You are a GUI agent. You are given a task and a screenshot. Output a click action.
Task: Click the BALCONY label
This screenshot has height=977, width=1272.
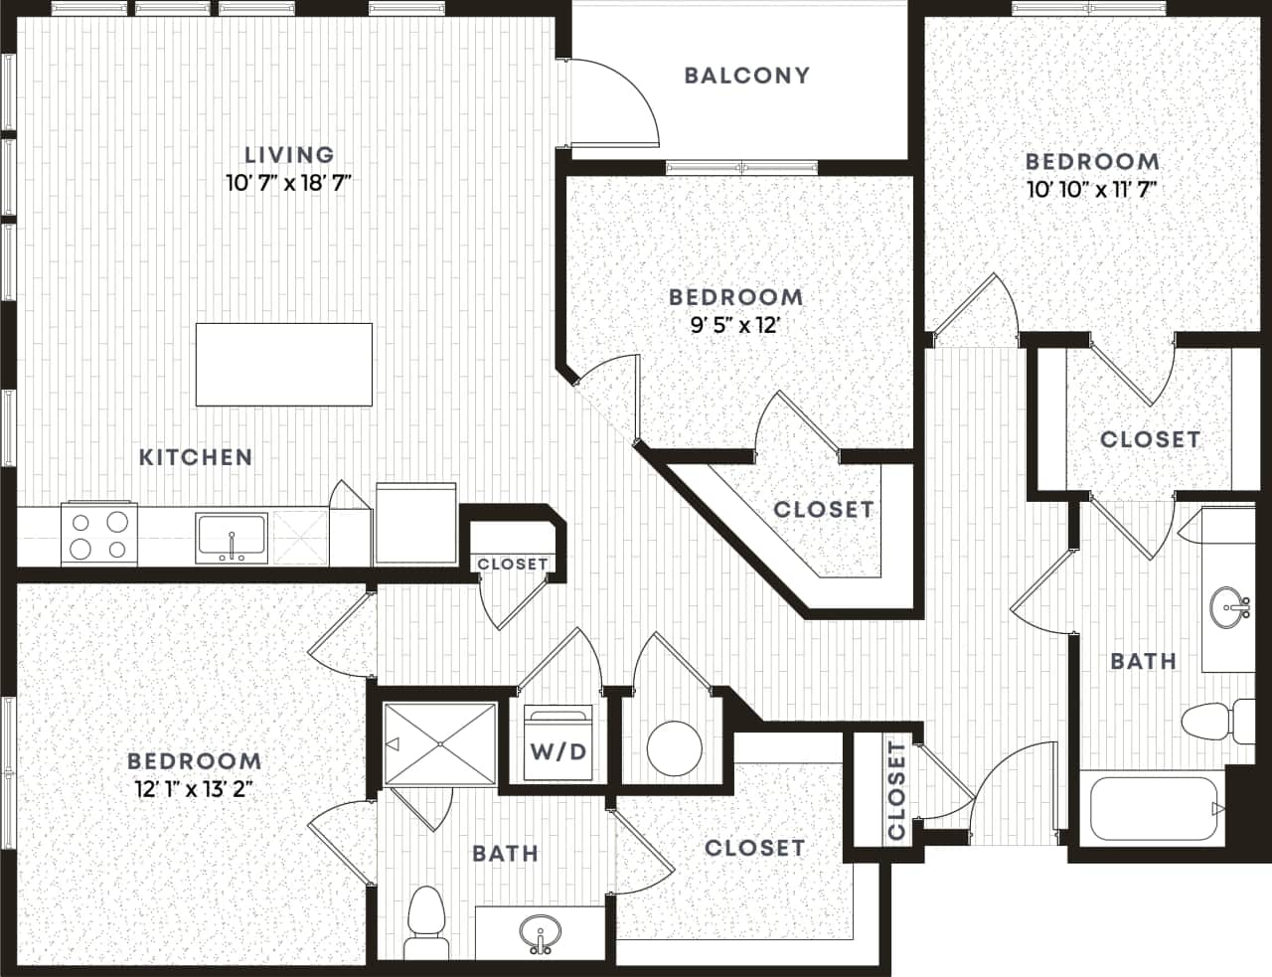pos(747,76)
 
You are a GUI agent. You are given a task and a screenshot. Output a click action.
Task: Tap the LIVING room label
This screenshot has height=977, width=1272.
pos(289,155)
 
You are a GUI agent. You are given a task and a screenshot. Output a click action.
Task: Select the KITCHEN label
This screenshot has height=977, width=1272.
pos(196,457)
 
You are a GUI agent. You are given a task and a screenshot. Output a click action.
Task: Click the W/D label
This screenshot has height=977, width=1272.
pos(557,751)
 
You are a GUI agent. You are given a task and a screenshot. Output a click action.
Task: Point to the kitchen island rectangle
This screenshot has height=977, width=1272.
pos(284,364)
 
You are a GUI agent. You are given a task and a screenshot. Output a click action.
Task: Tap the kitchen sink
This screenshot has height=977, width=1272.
pos(232,538)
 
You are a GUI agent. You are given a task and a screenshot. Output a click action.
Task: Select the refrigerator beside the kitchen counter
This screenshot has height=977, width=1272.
pos(414,523)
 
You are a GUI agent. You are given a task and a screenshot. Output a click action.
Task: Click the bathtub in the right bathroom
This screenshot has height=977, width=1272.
pos(1153,808)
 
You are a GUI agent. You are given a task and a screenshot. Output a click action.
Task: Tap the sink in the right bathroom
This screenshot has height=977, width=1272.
pos(1230,604)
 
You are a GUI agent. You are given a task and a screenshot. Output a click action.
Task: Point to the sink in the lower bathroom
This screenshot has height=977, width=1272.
pos(540,932)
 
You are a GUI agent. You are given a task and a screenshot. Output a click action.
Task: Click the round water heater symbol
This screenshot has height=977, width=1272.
pos(674,747)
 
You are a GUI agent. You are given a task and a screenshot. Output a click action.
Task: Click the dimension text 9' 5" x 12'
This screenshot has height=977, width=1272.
pos(735,325)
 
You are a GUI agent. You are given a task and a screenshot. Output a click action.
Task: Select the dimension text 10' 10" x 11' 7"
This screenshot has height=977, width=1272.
pos(1092,189)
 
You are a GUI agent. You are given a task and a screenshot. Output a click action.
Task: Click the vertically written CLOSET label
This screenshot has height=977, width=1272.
pos(896,790)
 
